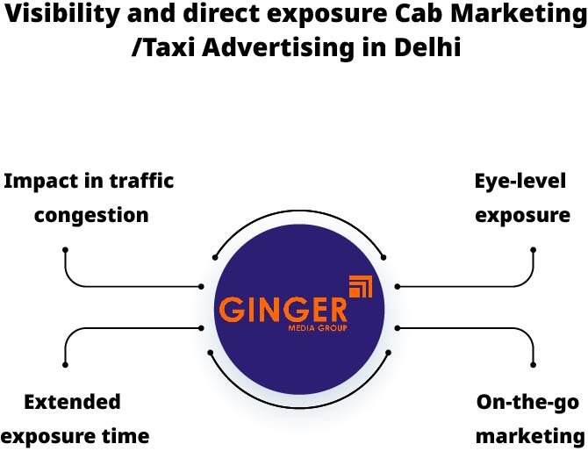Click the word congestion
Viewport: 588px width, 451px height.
(91, 215)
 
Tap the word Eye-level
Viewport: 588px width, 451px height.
(520, 182)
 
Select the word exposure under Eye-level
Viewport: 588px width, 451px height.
(522, 215)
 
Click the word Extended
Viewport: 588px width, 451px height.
(72, 402)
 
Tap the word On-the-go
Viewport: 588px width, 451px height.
(527, 402)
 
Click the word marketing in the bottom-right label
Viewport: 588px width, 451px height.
(530, 436)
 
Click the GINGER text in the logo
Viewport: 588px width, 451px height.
(283, 310)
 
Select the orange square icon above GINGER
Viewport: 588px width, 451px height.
(361, 288)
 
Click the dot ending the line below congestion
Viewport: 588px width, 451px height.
(65, 250)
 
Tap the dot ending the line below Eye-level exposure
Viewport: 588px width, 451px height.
(533, 250)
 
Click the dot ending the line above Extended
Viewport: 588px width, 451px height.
(65, 363)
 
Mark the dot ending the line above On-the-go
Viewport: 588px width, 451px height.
(533, 363)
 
